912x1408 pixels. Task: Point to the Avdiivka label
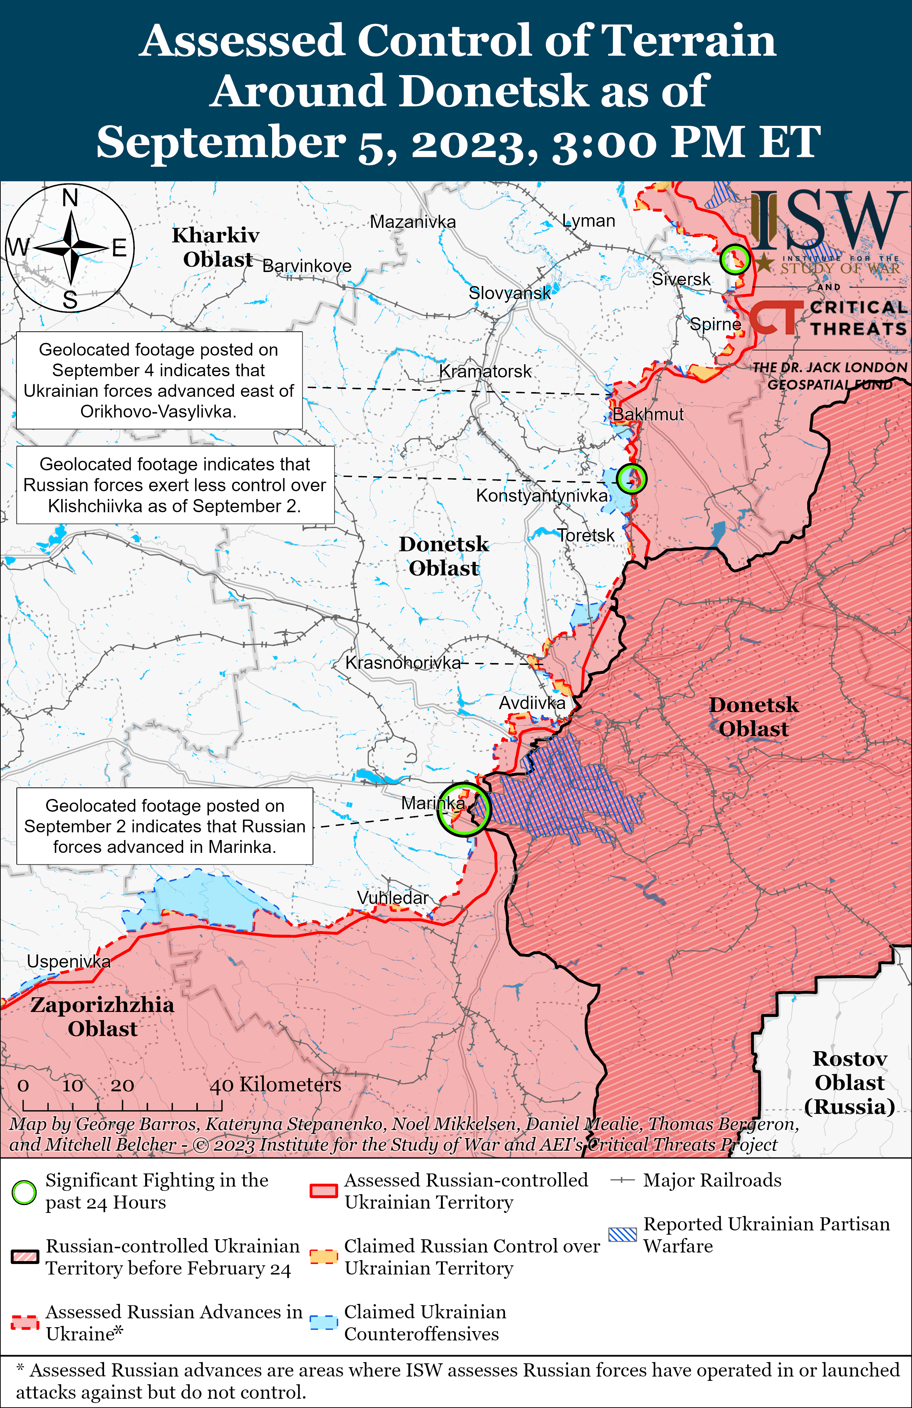coord(532,703)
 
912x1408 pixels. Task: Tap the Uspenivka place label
coord(69,961)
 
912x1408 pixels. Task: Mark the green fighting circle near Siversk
coord(735,259)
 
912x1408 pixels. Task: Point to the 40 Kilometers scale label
coord(275,1085)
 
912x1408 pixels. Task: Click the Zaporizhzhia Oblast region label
coord(102,1016)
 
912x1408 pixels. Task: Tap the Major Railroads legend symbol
coord(623,1180)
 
